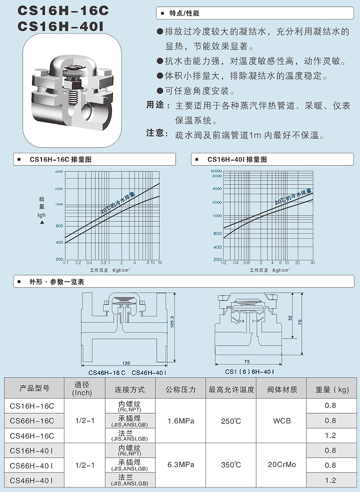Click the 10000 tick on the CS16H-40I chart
pyautogui.click(x=215, y=171)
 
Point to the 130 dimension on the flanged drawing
pyautogui.click(x=127, y=362)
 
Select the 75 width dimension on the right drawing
pyautogui.click(x=246, y=361)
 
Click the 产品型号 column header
pyautogui.click(x=34, y=388)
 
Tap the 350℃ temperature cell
pyautogui.click(x=231, y=465)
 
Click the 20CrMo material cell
pyautogui.click(x=281, y=465)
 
